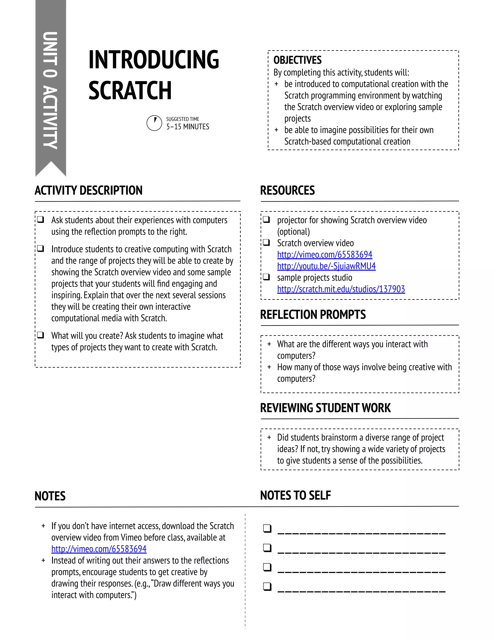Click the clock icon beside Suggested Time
(x=154, y=123)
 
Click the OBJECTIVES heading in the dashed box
(x=297, y=60)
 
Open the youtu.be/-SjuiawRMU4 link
(x=326, y=266)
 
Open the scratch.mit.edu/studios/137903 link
(x=341, y=289)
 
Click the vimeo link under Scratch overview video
(x=325, y=255)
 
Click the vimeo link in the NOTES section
(x=99, y=549)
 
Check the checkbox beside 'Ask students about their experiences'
(x=41, y=219)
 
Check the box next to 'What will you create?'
(x=41, y=335)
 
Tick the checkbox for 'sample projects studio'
(x=266, y=277)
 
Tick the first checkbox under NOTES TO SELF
(x=267, y=528)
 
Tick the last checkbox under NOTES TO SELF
(x=267, y=586)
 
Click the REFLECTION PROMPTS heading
(x=313, y=314)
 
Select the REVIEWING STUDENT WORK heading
(x=325, y=408)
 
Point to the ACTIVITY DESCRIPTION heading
(x=88, y=190)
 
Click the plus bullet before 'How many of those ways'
(x=269, y=367)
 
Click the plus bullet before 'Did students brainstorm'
(x=269, y=437)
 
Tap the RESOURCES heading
(x=287, y=190)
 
